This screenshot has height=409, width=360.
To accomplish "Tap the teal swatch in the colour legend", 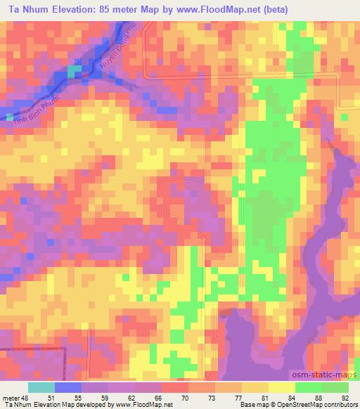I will (x=41, y=387).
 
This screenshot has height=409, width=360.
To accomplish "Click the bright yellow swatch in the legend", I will (x=282, y=387).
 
